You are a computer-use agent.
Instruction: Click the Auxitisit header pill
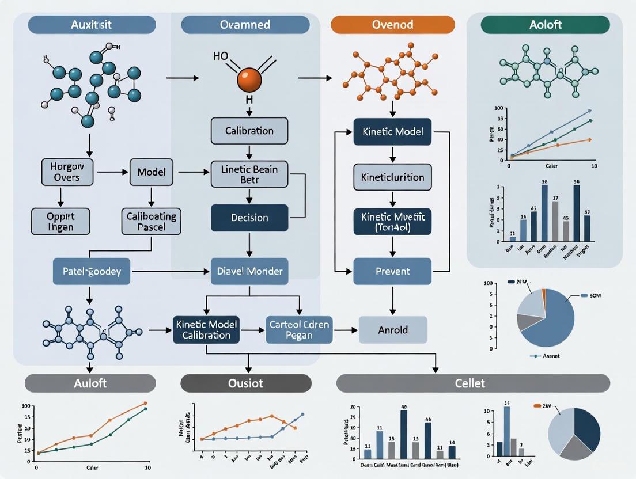coord(92,25)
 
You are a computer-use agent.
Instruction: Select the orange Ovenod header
coord(393,25)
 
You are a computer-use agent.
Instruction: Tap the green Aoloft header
coord(546,25)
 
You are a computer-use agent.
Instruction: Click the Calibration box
coord(249,131)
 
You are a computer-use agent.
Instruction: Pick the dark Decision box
coord(249,218)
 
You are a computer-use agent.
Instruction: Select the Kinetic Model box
coord(392,132)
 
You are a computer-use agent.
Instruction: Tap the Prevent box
coord(392,271)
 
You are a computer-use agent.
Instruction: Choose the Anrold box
coord(393,330)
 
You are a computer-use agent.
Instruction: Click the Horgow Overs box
coord(68,172)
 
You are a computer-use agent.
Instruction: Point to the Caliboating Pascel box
coord(151,221)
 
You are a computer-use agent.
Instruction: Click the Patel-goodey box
coord(91,271)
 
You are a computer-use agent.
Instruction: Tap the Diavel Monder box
coord(249,271)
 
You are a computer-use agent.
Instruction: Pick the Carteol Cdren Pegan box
coord(299,330)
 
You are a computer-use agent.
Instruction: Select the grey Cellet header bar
coord(472,383)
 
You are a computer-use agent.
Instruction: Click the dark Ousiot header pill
coord(246,383)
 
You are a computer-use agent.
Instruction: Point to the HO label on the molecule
coord(221,56)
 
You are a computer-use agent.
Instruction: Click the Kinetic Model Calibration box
coord(206,330)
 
